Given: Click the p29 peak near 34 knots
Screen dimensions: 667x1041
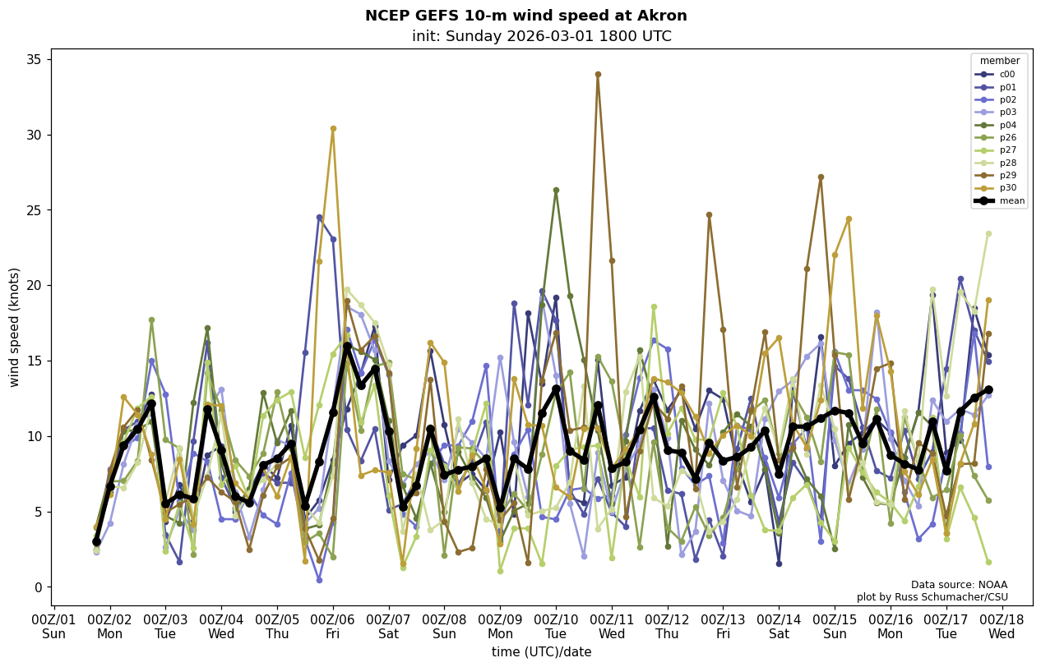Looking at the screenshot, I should (x=598, y=74).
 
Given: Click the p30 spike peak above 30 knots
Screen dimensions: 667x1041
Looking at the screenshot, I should (x=333, y=128).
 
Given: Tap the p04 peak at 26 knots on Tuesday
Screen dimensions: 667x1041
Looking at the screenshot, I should (x=556, y=190).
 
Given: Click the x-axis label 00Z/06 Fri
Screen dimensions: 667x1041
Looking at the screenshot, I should (x=333, y=627).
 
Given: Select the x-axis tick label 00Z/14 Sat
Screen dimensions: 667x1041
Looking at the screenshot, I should (x=779, y=627).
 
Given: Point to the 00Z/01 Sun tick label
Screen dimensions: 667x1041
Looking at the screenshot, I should (x=54, y=627).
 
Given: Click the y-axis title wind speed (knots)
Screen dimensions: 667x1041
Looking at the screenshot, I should (x=14, y=327).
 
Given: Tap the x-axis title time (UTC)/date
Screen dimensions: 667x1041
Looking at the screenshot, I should (x=541, y=652).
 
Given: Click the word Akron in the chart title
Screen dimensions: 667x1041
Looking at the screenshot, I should (x=666, y=16).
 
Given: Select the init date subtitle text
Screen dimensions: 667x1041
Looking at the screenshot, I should (x=541, y=37).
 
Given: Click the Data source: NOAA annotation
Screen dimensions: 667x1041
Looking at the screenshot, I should (x=959, y=585).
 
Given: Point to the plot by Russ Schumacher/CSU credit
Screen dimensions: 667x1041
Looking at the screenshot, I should (x=932, y=597).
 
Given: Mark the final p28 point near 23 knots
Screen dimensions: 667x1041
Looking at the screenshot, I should (x=988, y=233).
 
